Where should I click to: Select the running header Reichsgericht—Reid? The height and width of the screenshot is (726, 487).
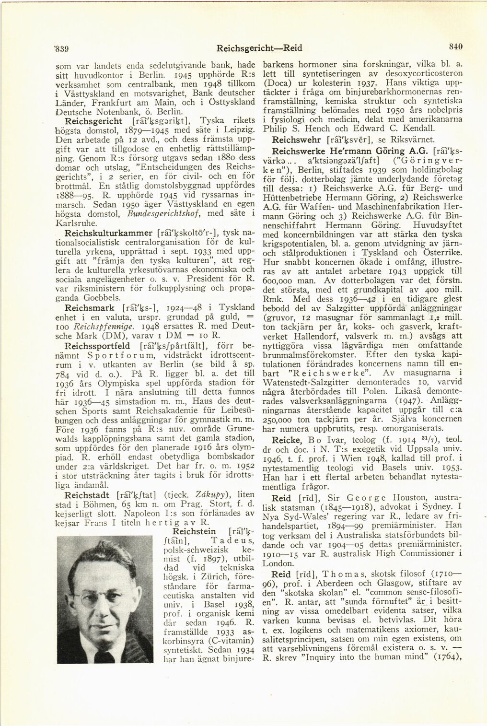255,48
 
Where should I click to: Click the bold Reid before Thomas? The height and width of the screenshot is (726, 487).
281,574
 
